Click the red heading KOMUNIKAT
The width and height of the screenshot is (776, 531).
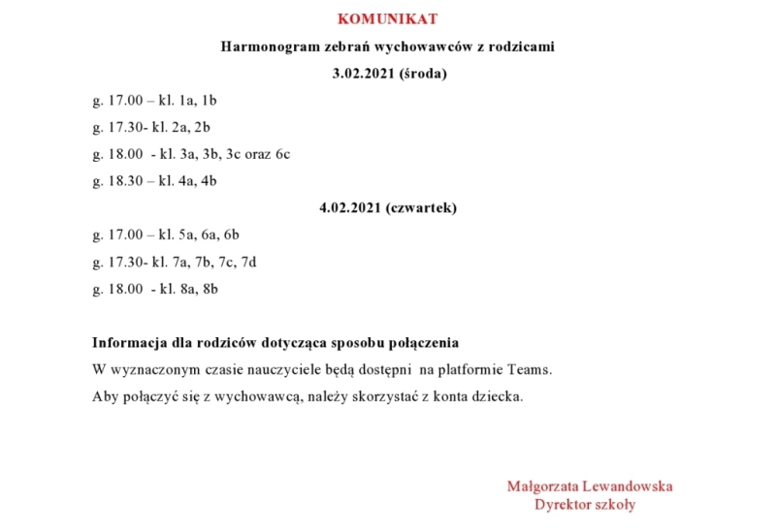tap(387, 19)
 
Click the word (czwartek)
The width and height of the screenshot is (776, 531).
tap(420, 208)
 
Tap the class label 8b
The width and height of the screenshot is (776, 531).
tap(210, 289)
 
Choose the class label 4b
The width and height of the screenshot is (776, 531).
tap(208, 181)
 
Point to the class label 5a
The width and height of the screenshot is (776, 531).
tap(183, 234)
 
